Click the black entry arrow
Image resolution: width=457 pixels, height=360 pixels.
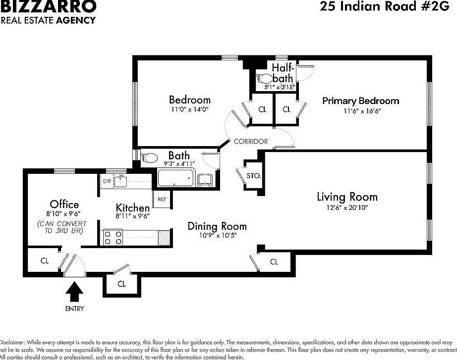pos(74,291)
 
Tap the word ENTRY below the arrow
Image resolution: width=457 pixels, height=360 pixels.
pos(74,309)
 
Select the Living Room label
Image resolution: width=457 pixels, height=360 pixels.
pos(347,197)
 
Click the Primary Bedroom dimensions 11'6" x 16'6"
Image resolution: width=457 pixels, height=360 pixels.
pos(360,111)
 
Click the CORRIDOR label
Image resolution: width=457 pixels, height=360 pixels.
pos(251,141)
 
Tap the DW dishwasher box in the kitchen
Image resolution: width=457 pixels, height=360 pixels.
pos(107,181)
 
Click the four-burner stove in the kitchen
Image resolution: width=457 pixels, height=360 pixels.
pos(113,238)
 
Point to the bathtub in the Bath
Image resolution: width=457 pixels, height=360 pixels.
pos(175,178)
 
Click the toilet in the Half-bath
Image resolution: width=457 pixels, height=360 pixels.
pos(264,78)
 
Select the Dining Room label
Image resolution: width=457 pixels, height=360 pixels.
pos(217,226)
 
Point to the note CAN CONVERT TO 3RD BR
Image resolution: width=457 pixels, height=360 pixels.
pos(60,227)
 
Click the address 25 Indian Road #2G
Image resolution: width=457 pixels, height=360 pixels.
pos(385,6)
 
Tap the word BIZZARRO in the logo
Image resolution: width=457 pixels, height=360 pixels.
pos(48,6)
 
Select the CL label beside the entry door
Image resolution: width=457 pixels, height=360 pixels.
pos(44,260)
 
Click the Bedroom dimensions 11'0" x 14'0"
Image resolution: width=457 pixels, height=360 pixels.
pos(190,109)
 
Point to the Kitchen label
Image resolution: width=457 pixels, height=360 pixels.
pos(133,207)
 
